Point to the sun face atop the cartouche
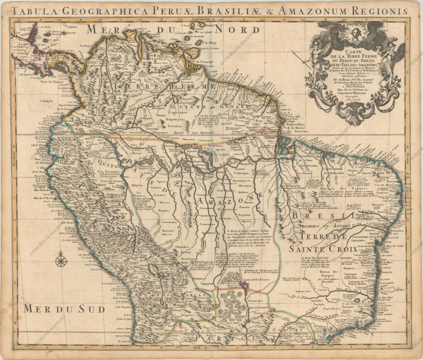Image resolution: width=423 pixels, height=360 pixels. pyautogui.click(x=355, y=32)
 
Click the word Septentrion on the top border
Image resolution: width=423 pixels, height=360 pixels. pyautogui.click(x=200, y=19)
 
